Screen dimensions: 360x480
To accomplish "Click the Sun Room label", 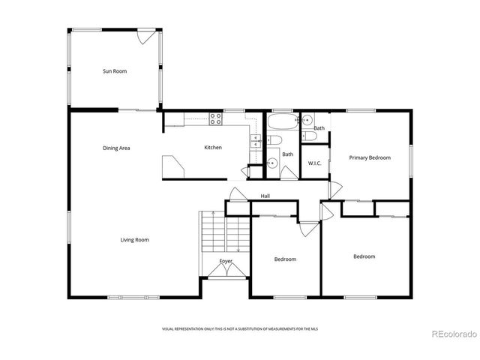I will tap(115, 71).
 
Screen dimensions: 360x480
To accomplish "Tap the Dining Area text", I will tap(116, 148).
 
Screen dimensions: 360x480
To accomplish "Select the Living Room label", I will tap(135, 240).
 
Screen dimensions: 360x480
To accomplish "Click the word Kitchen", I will tap(213, 148).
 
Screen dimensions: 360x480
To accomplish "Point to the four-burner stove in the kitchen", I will tap(215, 118).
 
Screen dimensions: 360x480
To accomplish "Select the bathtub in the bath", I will tap(283, 120).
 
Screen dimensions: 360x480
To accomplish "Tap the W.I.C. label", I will tap(314, 163).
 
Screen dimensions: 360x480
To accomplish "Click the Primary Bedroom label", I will tap(370, 157).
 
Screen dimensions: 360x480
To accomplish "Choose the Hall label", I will tap(265, 196).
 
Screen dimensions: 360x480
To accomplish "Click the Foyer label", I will tap(226, 261).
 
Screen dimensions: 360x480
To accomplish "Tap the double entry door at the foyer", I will tap(226, 271).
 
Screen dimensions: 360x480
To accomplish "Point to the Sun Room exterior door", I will tap(147, 35).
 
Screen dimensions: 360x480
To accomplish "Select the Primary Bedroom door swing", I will tap(334, 190).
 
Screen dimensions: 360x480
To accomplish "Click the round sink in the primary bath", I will tap(307, 120).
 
